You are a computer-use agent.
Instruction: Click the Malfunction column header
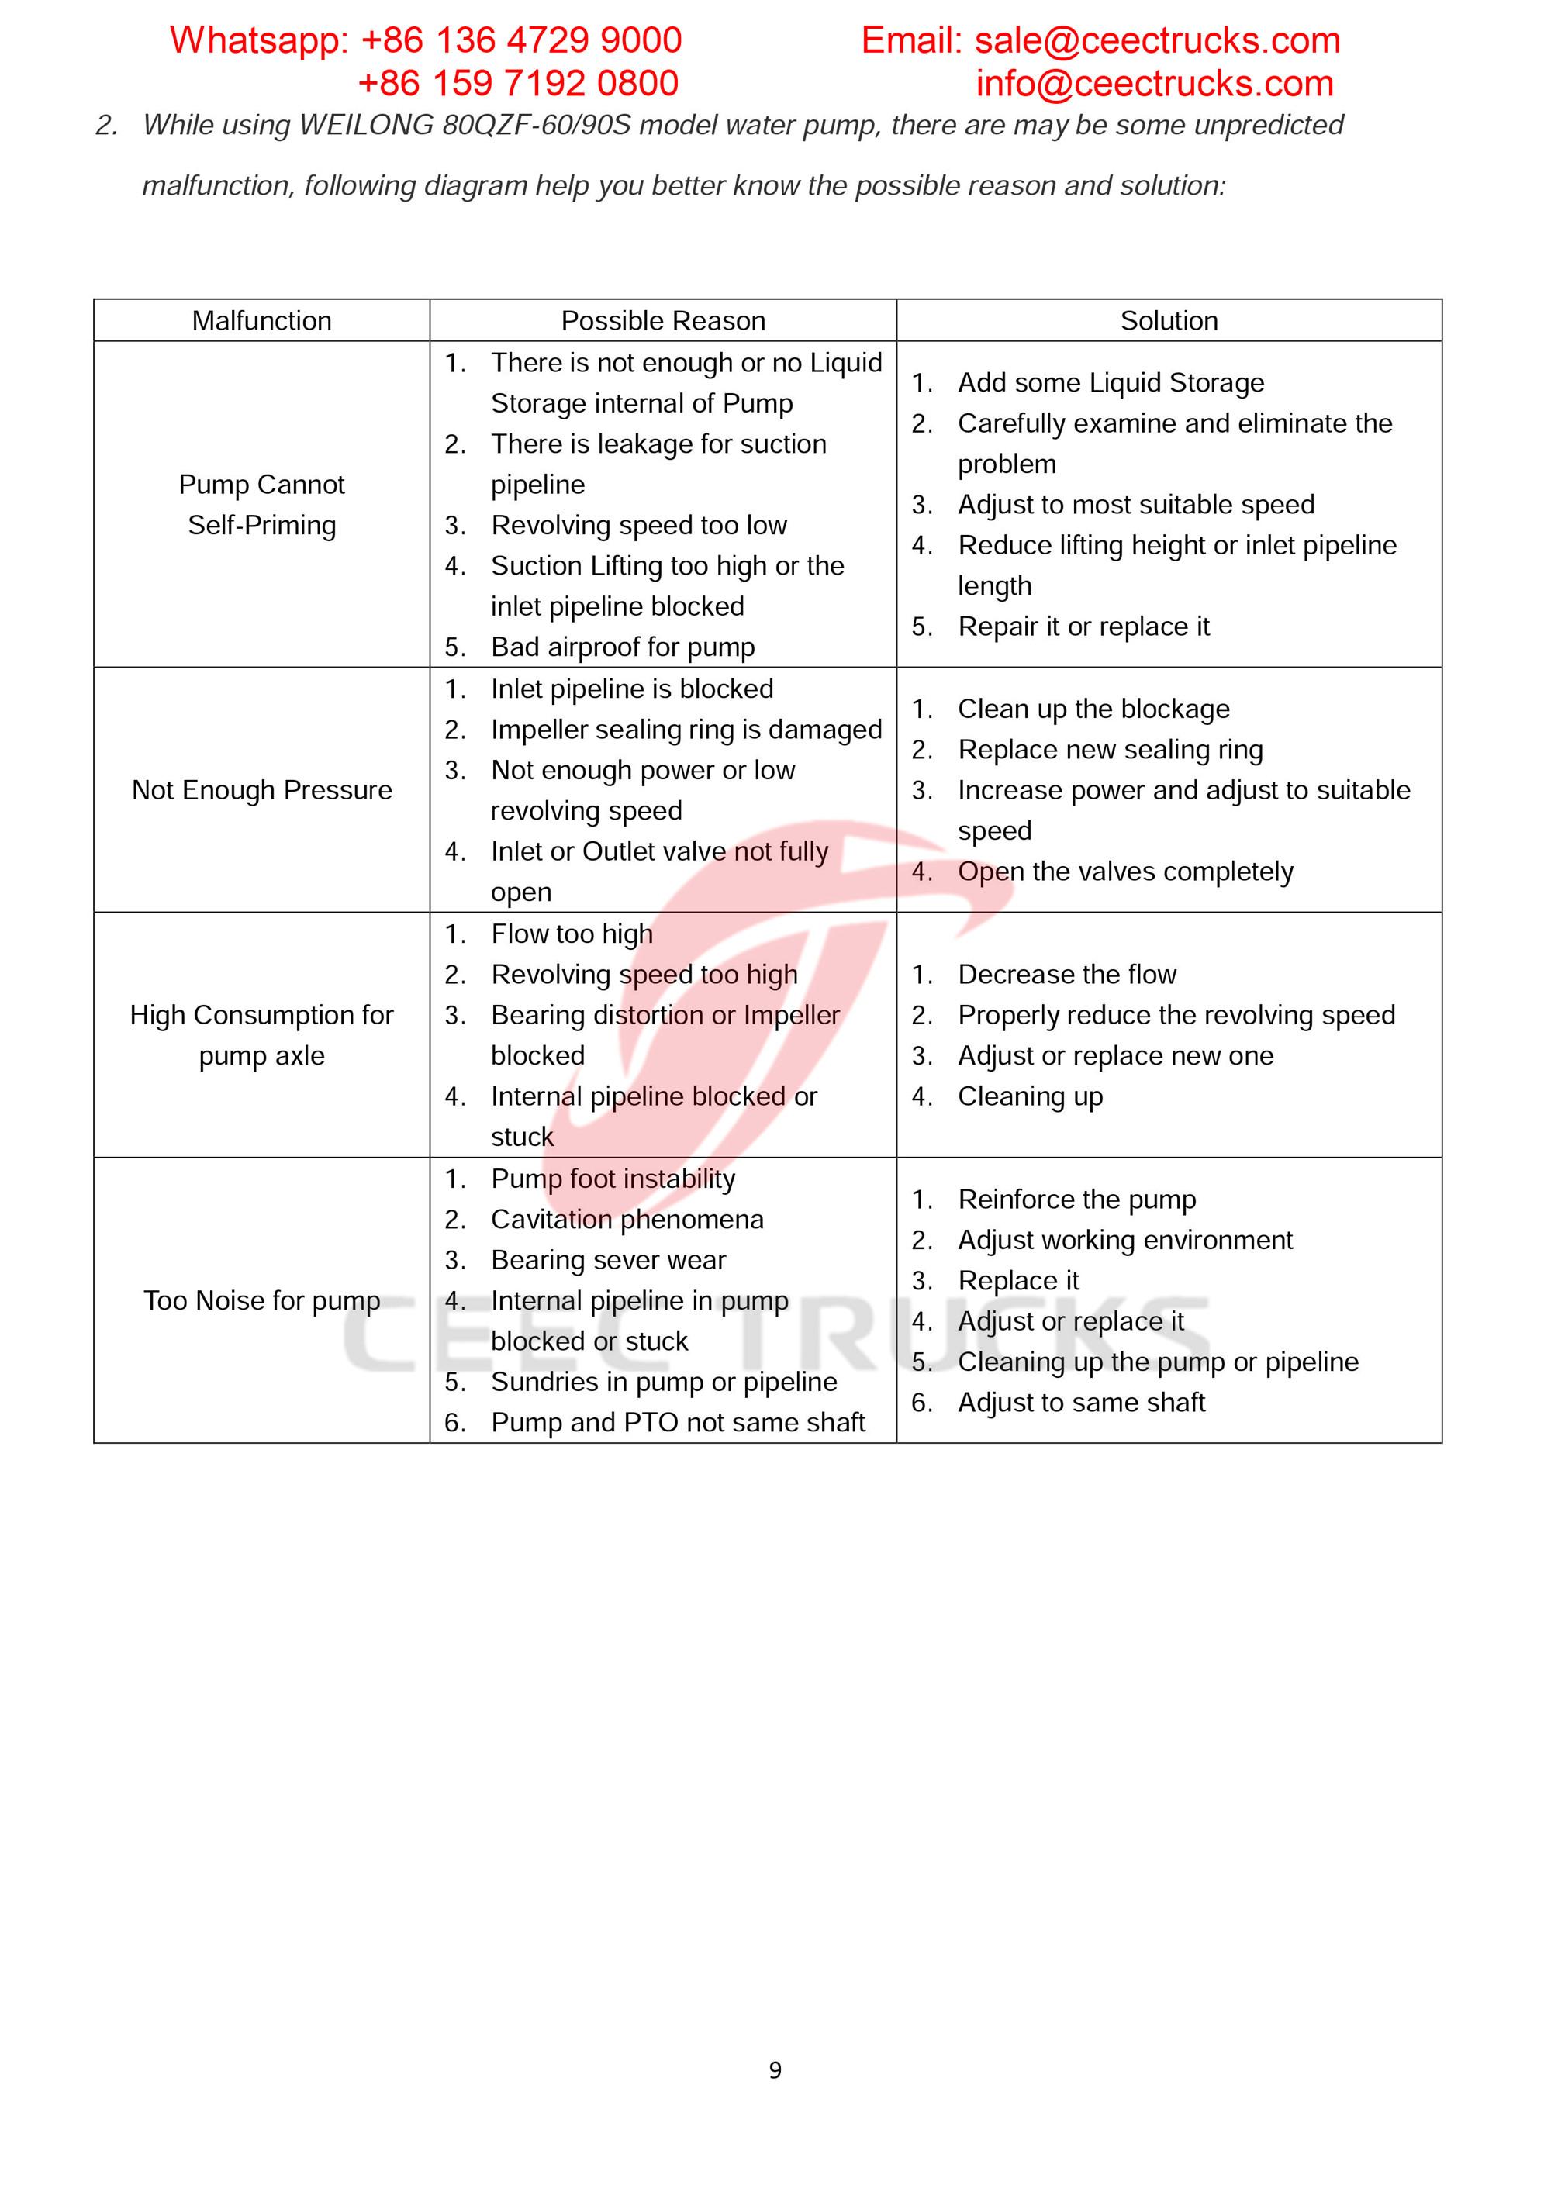tap(261, 321)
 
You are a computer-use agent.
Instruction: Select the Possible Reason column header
tap(663, 321)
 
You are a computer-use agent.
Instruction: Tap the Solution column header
tap(1169, 321)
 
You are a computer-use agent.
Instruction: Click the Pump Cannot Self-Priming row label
tap(261, 505)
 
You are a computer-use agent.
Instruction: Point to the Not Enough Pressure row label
tap(261, 790)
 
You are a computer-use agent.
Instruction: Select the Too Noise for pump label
tap(261, 1300)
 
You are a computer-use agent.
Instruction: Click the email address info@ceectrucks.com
tap(1154, 84)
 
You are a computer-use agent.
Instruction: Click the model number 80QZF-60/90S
tap(537, 125)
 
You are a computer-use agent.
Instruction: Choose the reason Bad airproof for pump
tap(623, 647)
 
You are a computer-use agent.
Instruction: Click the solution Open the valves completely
tap(1125, 872)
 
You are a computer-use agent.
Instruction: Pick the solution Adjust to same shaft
tap(1081, 1403)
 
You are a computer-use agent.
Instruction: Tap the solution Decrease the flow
tap(1067, 975)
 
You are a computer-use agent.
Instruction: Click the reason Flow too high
tap(572, 934)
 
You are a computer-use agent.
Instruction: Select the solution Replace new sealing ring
tap(1110, 751)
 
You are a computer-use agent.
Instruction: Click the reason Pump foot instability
tap(613, 1179)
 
